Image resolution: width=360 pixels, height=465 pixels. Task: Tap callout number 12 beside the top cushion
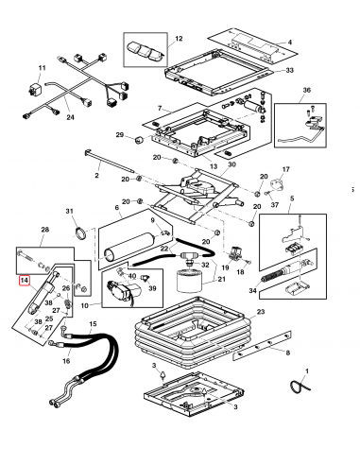(x=177, y=39)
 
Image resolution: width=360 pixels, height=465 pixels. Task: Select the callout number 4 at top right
(x=289, y=42)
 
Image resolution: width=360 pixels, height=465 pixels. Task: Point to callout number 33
(x=289, y=71)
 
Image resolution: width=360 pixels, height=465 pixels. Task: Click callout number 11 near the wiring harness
(x=42, y=69)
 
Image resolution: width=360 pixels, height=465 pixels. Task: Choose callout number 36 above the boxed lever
(x=305, y=90)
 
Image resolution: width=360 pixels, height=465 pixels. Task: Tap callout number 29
(x=120, y=136)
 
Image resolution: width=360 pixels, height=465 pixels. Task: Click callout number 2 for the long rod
(x=96, y=175)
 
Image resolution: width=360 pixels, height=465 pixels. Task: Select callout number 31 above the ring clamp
(x=68, y=211)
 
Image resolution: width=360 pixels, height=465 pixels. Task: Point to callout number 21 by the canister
(x=223, y=279)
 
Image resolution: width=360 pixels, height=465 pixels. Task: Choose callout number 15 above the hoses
(x=92, y=325)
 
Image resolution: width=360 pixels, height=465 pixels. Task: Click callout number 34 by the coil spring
(x=251, y=291)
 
